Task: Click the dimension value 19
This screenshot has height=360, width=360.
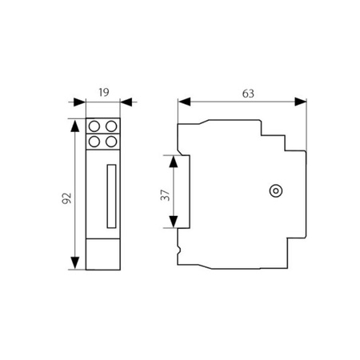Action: point(104,92)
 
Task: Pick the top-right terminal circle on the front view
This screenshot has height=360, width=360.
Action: point(112,126)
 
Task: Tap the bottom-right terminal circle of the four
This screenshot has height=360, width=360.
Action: point(112,142)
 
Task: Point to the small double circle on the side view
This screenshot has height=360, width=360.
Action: point(274,190)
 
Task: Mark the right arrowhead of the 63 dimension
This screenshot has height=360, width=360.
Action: point(302,102)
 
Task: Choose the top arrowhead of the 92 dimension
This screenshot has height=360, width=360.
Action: point(75,126)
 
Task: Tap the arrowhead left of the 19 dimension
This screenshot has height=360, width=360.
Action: point(80,102)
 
